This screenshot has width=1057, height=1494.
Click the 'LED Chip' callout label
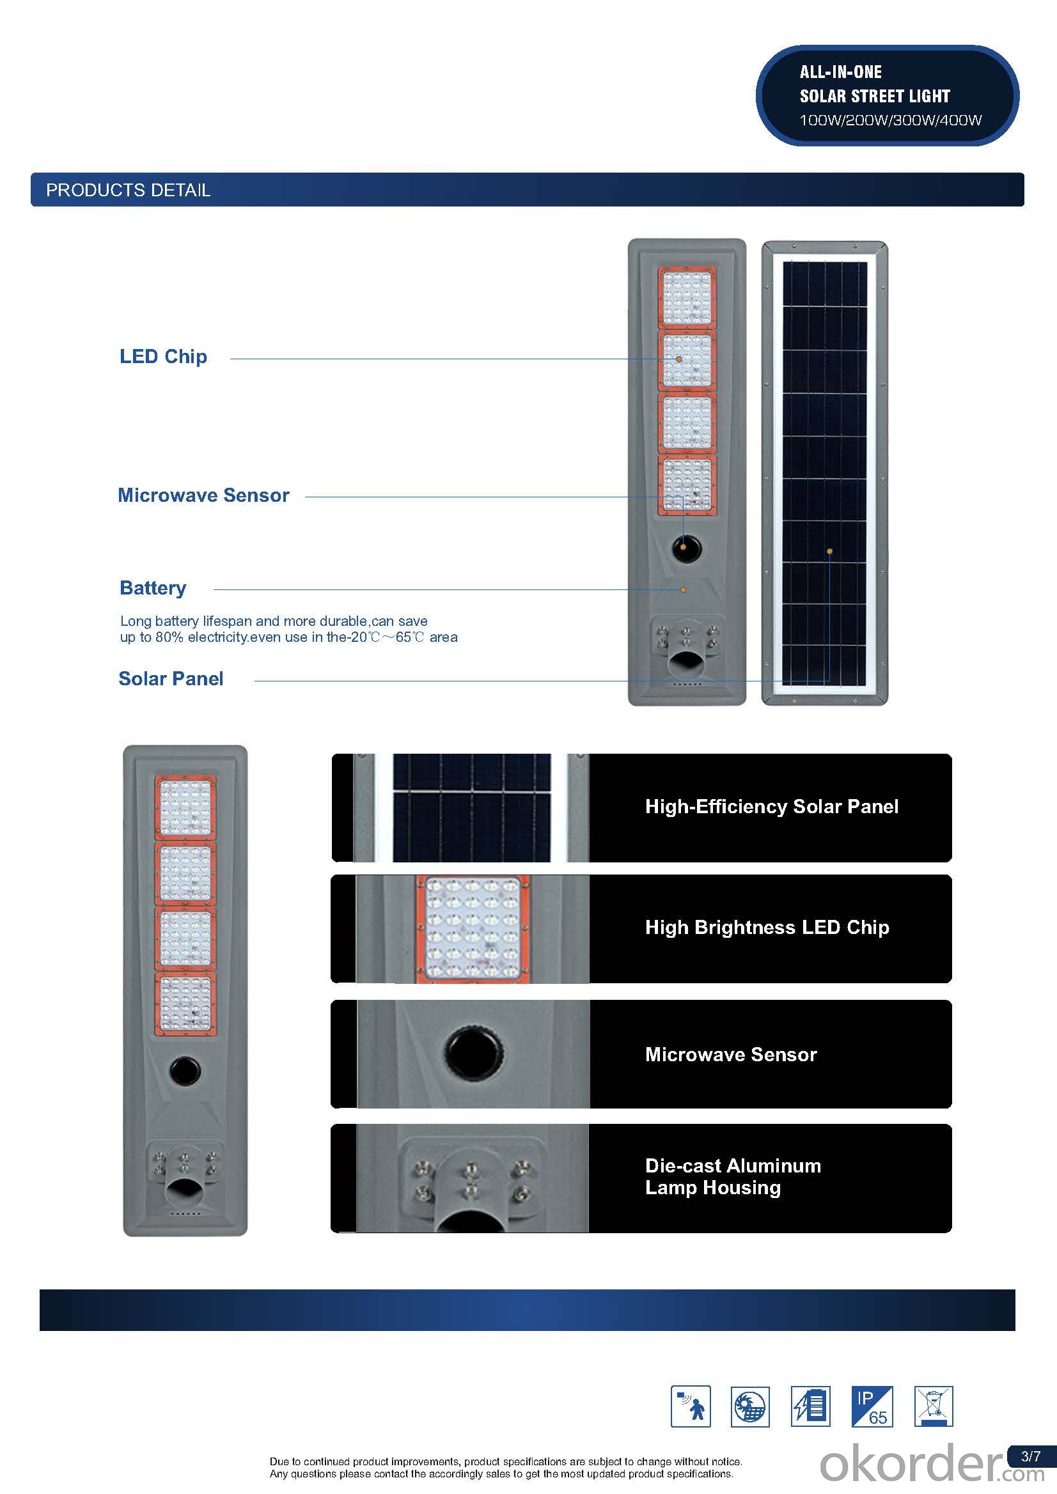tap(163, 357)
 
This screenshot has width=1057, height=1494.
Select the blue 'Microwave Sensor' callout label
tap(204, 495)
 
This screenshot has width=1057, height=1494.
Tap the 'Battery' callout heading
tap(153, 588)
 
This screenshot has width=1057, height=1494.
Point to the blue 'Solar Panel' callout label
tap(171, 679)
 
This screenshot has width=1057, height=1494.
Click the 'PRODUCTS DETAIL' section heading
tap(129, 190)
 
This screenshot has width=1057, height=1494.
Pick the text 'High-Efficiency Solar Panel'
tap(772, 807)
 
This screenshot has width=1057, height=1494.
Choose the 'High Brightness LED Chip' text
tap(767, 927)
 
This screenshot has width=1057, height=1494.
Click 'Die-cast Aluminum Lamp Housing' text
tap(733, 1176)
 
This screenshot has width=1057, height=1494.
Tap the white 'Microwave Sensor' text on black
tap(731, 1054)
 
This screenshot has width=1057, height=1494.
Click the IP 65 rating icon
tap(872, 1407)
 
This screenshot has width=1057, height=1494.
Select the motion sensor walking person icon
tap(691, 1407)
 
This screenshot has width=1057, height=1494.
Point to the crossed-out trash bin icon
tap(934, 1407)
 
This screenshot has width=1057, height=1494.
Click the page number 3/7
tap(1031, 1456)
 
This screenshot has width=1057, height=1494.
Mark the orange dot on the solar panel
tap(830, 552)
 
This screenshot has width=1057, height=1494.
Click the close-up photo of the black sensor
tap(473, 1055)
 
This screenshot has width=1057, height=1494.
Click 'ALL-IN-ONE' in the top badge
tap(841, 72)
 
